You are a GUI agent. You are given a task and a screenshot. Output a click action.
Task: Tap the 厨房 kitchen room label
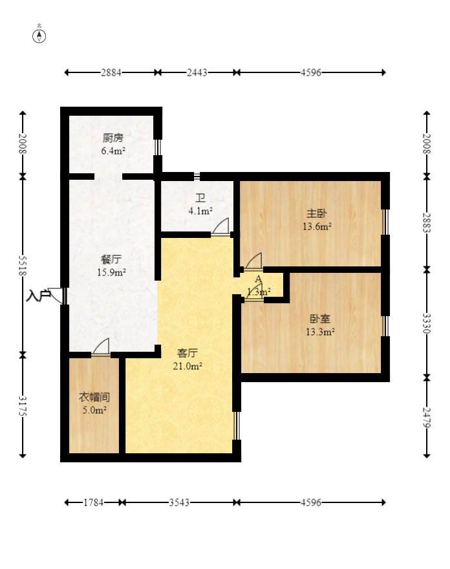pyautogui.click(x=113, y=138)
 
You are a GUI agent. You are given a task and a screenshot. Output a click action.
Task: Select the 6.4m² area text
pyautogui.click(x=113, y=151)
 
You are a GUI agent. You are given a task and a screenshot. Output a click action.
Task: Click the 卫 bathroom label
pyautogui.click(x=200, y=198)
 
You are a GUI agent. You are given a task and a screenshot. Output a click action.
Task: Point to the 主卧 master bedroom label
pyautogui.click(x=317, y=213)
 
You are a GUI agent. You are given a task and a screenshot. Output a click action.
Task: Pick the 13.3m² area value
pyautogui.click(x=320, y=332)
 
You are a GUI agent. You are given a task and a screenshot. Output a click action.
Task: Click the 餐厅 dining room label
pyautogui.click(x=111, y=259)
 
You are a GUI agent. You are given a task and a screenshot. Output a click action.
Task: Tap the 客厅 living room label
pyautogui.click(x=187, y=353)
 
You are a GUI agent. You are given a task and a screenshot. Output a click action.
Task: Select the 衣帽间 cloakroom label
pyautogui.click(x=94, y=397)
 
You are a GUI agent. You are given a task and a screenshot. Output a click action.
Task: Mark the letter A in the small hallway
pyautogui.click(x=259, y=279)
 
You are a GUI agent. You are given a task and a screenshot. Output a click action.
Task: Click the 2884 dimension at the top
pyautogui.click(x=111, y=72)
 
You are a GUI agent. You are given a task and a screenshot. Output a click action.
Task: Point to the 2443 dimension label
pyautogui.click(x=197, y=72)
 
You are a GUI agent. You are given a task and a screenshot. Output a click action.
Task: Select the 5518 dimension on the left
pyautogui.click(x=23, y=265)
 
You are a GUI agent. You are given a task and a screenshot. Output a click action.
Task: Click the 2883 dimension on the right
pyautogui.click(x=427, y=223)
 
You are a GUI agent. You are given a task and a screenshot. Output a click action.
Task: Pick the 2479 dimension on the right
pyautogui.click(x=427, y=417)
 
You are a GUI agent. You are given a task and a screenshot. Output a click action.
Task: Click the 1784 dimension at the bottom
pyautogui.click(x=93, y=502)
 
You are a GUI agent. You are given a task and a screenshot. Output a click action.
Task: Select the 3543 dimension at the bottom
pyautogui.click(x=179, y=502)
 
